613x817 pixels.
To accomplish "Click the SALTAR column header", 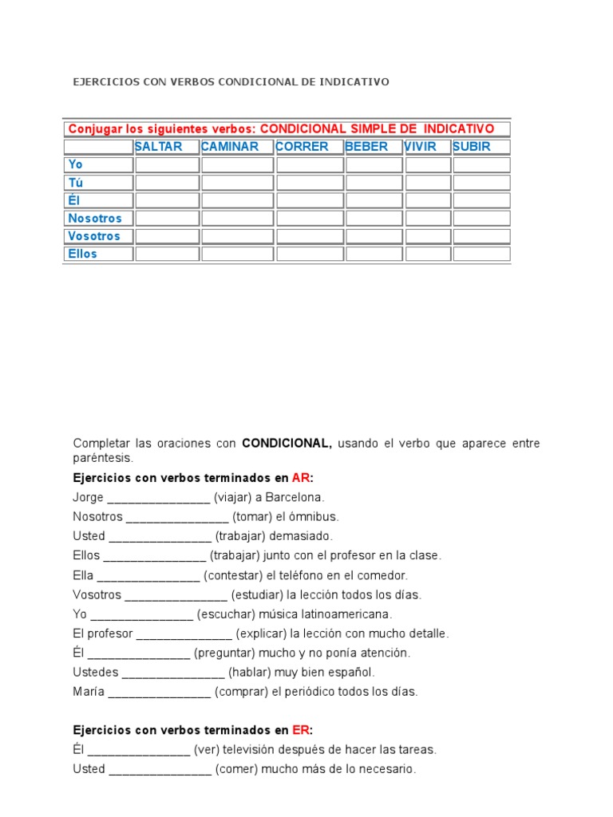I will click(x=159, y=147).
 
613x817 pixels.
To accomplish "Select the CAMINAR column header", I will click(x=230, y=147).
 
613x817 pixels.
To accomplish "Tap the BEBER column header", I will click(x=366, y=147).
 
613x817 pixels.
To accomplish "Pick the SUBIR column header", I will click(x=472, y=147).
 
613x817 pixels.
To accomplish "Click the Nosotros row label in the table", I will click(x=95, y=218).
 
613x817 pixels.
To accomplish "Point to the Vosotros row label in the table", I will click(x=94, y=236).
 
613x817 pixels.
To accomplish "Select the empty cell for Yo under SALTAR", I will click(x=167, y=164).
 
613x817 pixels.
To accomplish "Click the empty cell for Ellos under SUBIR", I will click(x=481, y=254).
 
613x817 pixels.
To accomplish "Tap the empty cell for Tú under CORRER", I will click(x=310, y=183).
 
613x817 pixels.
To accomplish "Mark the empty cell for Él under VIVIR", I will click(x=428, y=200).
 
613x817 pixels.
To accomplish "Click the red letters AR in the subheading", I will click(x=300, y=478).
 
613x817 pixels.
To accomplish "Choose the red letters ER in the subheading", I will click(x=300, y=730).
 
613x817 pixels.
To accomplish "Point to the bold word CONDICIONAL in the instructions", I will click(x=287, y=443).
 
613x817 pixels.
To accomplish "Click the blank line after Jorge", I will click(x=158, y=499).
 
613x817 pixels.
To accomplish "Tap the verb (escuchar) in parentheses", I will click(x=226, y=614).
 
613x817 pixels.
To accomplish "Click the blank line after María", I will click(x=159, y=693).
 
